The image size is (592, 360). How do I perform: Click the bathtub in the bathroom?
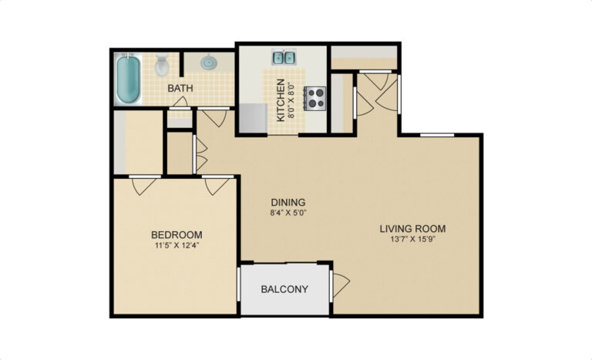[x=128, y=79]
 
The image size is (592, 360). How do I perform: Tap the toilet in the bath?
[x=162, y=65]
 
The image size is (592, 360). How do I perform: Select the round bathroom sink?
[x=207, y=62]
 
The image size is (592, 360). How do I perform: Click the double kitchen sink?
[x=284, y=57]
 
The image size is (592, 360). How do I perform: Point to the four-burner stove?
[x=314, y=98]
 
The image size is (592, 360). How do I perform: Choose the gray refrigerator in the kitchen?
[x=253, y=118]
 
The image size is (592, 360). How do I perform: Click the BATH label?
[x=180, y=89]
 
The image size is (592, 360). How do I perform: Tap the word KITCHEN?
[x=281, y=100]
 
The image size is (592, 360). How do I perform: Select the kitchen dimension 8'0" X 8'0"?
[x=292, y=100]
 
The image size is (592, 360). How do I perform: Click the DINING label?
[x=288, y=203]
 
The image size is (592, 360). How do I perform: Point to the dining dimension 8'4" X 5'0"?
[x=288, y=213]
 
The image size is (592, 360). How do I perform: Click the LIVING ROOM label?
[x=412, y=228]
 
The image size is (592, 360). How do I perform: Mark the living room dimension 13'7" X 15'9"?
[x=413, y=239]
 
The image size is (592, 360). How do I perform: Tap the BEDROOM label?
[x=177, y=235]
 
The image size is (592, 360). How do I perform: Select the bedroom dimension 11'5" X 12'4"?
[x=177, y=245]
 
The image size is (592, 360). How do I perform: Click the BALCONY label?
[x=284, y=289]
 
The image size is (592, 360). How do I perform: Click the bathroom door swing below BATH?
[x=180, y=103]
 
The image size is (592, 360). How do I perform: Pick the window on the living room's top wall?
[x=437, y=135]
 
